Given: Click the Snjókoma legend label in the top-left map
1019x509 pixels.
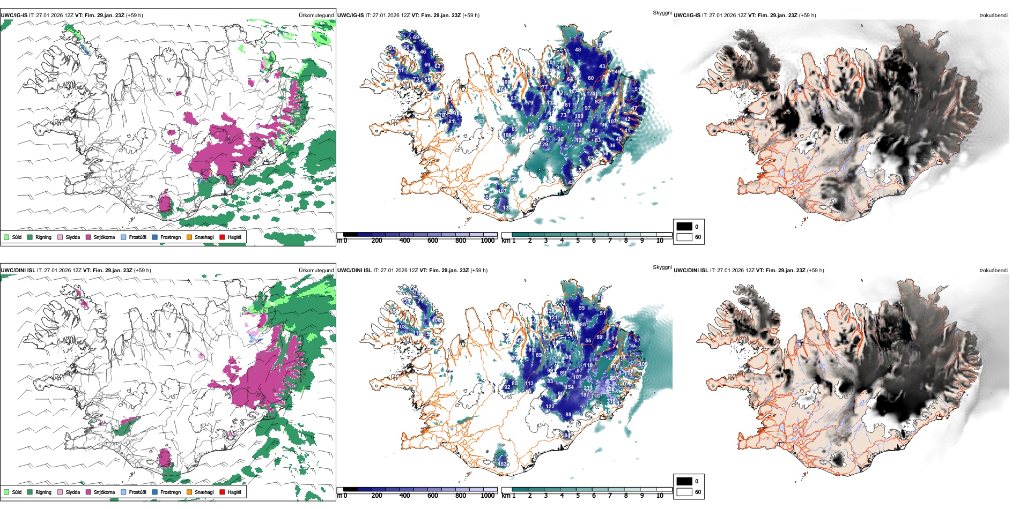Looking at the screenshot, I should pyautogui.click(x=104, y=237).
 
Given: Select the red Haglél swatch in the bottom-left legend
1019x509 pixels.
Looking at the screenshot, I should pyautogui.click(x=222, y=492).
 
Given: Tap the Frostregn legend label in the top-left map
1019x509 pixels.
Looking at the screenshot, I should pyautogui.click(x=171, y=237).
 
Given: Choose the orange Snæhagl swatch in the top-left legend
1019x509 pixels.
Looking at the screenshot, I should pyautogui.click(x=189, y=237).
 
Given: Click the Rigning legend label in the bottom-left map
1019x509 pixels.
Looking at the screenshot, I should pyautogui.click(x=43, y=492).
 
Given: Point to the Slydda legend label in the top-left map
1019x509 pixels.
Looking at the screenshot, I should pyautogui.click(x=73, y=237).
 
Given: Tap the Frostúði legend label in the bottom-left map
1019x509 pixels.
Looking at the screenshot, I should pyautogui.click(x=137, y=492).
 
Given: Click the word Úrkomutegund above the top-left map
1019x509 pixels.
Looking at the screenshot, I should pyautogui.click(x=316, y=15).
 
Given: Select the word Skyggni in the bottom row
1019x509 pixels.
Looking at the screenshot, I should pyautogui.click(x=662, y=267).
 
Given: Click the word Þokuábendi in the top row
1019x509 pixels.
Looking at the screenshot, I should pyautogui.click(x=993, y=15).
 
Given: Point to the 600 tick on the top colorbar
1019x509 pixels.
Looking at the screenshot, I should pyautogui.click(x=433, y=241).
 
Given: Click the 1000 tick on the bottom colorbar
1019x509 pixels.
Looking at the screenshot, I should pyautogui.click(x=488, y=496).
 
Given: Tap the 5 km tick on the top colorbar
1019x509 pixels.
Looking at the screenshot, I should pyautogui.click(x=578, y=241).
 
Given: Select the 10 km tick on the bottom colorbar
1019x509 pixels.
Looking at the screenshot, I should pyautogui.click(x=660, y=496).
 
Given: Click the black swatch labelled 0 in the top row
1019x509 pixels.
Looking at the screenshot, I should pyautogui.click(x=684, y=227).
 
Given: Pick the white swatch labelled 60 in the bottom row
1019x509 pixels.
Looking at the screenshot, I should pyautogui.click(x=684, y=492).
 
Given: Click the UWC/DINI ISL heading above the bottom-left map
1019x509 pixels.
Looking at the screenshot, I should pyautogui.click(x=18, y=270).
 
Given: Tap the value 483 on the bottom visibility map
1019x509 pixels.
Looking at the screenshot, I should pyautogui.click(x=503, y=464).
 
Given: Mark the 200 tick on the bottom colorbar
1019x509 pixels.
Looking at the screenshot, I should pyautogui.click(x=377, y=496).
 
